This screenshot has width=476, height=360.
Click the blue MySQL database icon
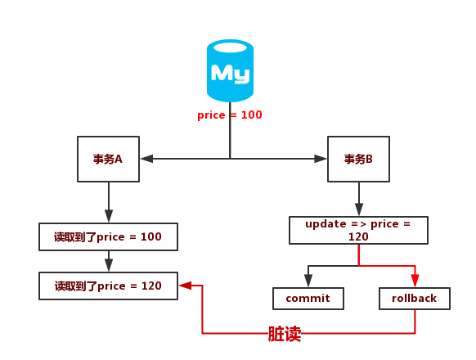click(230, 71)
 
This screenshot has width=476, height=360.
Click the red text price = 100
click(230, 115)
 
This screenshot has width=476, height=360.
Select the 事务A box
click(108, 159)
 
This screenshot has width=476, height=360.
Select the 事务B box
click(358, 159)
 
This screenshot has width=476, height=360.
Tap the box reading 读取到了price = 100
click(108, 236)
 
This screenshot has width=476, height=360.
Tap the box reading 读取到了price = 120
click(108, 286)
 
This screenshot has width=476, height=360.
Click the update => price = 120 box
click(358, 230)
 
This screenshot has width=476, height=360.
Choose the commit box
click(308, 299)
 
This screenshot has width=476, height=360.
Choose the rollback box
click(415, 299)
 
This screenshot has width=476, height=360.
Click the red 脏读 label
click(285, 334)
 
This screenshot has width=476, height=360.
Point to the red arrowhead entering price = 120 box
click(185, 286)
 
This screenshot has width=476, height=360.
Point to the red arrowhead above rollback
click(415, 281)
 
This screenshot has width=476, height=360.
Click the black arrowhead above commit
click(308, 281)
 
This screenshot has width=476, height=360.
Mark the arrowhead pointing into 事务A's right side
click(146, 159)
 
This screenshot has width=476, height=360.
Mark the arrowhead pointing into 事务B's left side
click(321, 159)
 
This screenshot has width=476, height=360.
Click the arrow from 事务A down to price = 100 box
click(109, 201)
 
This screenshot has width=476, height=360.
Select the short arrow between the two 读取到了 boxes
click(109, 261)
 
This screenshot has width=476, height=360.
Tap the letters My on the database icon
click(230, 74)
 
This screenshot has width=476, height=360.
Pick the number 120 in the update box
click(358, 236)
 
